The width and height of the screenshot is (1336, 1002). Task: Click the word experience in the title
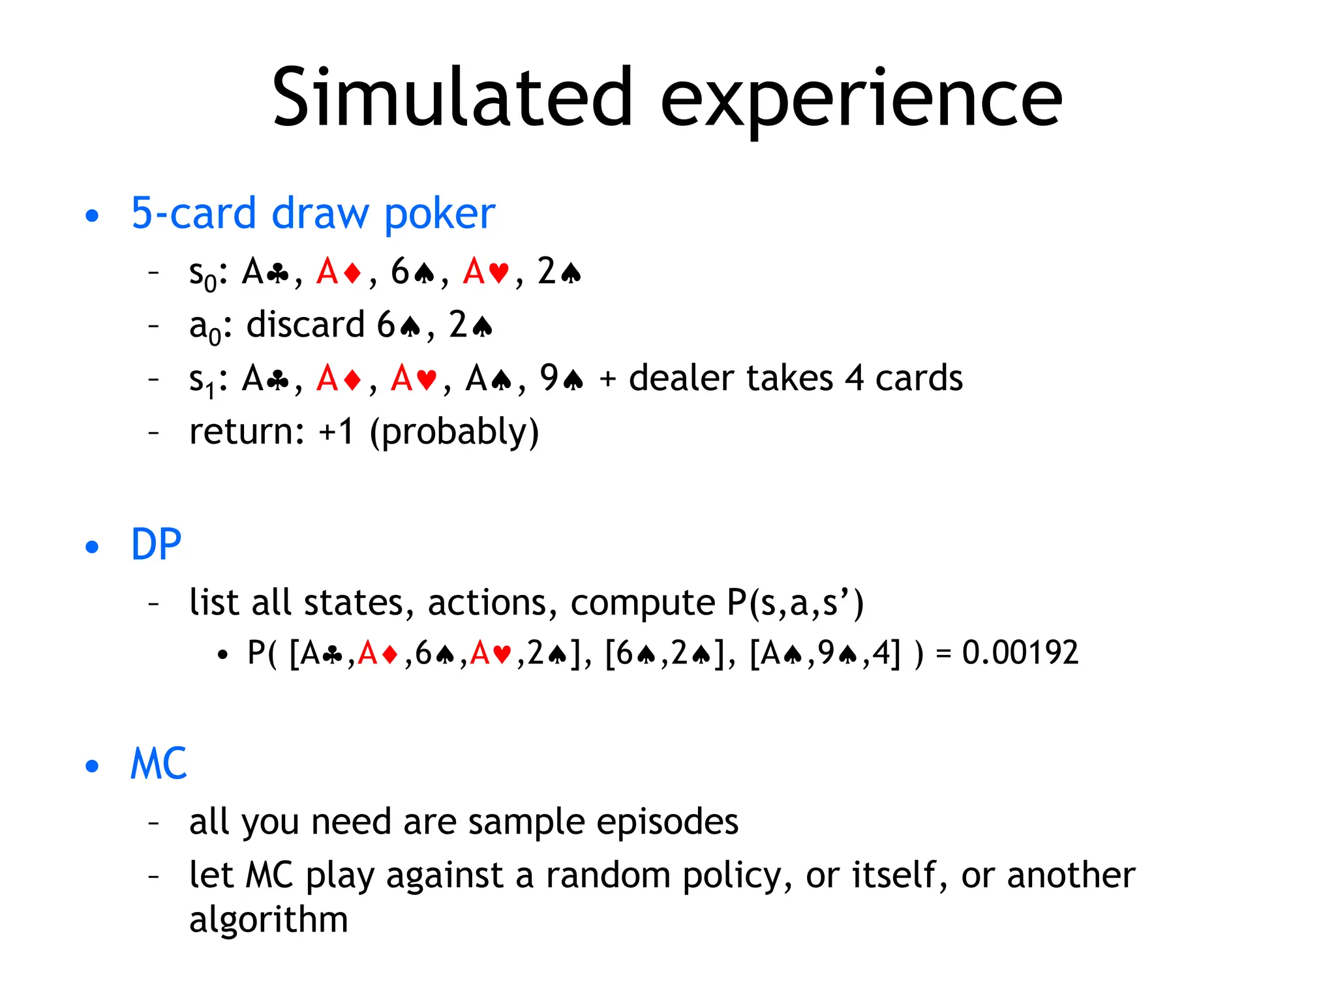[x=861, y=101]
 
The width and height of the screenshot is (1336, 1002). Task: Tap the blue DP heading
[x=156, y=544]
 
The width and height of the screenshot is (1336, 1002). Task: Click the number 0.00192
[x=1020, y=653]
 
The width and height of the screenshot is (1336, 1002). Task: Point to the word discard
[x=305, y=324]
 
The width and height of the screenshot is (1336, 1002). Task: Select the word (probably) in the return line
[x=454, y=432]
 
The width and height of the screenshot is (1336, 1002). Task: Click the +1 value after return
[x=336, y=431]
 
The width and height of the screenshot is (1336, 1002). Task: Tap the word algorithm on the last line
[x=268, y=919]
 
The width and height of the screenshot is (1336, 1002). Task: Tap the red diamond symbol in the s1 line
[x=352, y=379]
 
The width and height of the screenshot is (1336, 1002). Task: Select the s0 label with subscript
[x=202, y=274]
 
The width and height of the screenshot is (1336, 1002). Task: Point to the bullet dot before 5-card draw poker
[x=92, y=215]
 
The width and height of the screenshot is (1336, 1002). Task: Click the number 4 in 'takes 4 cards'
[x=855, y=378]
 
